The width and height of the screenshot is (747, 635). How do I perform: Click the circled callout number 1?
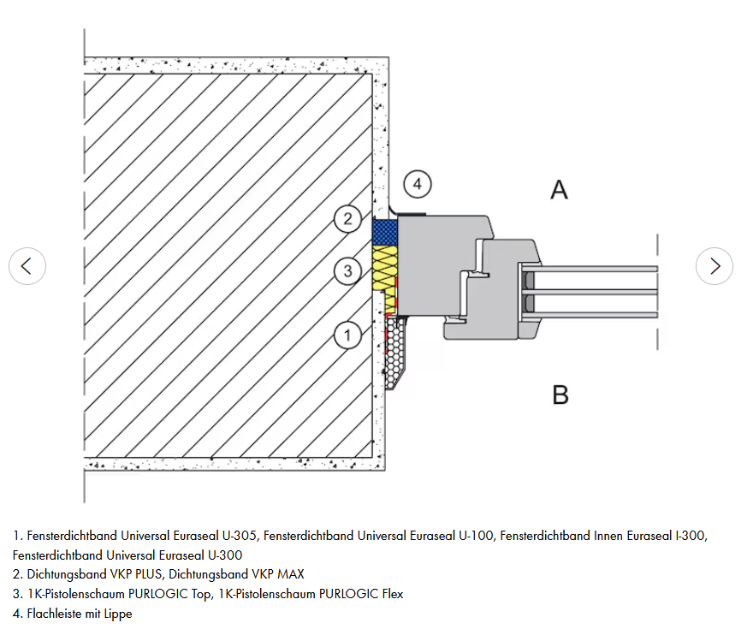[347, 335]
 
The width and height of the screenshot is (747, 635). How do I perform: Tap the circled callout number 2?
[347, 218]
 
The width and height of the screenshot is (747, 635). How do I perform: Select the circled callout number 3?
[347, 270]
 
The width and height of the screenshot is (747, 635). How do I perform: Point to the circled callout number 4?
[418, 184]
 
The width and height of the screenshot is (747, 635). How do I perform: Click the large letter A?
[560, 190]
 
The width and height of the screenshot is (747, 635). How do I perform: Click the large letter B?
[560, 395]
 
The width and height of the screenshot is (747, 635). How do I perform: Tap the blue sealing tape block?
[385, 232]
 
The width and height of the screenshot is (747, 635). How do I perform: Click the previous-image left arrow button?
[27, 266]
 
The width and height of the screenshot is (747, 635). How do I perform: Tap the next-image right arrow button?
[714, 266]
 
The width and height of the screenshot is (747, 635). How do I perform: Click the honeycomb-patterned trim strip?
[395, 353]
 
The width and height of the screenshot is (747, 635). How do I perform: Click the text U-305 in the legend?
[240, 536]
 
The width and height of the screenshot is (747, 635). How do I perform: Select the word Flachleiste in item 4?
[54, 614]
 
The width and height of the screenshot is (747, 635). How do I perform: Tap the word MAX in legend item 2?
[291, 574]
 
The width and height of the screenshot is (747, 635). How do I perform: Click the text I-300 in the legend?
[691, 536]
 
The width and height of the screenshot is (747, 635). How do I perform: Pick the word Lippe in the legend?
[118, 614]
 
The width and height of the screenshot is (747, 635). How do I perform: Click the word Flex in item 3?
[393, 594]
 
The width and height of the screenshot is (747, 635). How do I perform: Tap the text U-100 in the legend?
[477, 536]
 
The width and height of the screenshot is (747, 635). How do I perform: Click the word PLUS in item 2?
[149, 574]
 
